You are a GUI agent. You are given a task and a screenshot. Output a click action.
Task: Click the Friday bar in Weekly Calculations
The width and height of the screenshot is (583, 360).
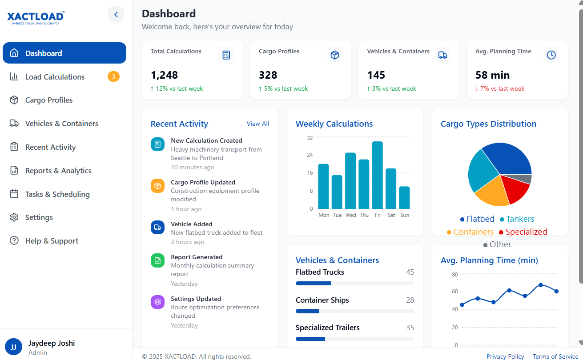[377, 175]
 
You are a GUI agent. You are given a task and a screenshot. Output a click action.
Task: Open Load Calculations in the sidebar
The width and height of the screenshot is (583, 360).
[55, 77]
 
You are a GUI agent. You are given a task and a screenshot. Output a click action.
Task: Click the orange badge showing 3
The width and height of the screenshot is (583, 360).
[113, 77]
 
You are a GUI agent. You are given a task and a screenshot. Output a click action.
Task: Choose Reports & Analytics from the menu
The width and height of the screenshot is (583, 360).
[58, 171]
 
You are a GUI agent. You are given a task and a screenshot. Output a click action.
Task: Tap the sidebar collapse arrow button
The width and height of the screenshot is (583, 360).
[116, 15]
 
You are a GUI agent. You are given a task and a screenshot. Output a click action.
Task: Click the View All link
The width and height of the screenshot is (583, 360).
[258, 124]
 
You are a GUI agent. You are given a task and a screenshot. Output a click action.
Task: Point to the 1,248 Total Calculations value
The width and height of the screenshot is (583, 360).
[164, 75]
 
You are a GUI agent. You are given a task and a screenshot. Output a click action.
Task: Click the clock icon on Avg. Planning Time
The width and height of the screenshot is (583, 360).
[551, 55]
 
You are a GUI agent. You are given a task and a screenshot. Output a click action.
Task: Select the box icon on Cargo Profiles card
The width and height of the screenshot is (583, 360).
[335, 55]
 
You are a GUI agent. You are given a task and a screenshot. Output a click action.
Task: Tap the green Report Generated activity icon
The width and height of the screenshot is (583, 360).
[157, 261]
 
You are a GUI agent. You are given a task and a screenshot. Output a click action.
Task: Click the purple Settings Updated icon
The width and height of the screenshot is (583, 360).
[157, 302]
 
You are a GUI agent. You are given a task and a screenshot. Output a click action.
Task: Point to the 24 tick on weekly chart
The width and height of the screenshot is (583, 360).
[310, 155]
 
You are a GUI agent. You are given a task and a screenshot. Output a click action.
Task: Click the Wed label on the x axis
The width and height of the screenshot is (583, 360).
[350, 215]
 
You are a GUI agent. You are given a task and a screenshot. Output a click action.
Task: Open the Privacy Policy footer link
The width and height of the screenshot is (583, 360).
[505, 356]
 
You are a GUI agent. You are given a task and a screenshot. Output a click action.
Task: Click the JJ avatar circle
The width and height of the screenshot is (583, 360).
[13, 347]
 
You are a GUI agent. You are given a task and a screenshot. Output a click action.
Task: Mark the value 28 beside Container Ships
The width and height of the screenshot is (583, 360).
[410, 300]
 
